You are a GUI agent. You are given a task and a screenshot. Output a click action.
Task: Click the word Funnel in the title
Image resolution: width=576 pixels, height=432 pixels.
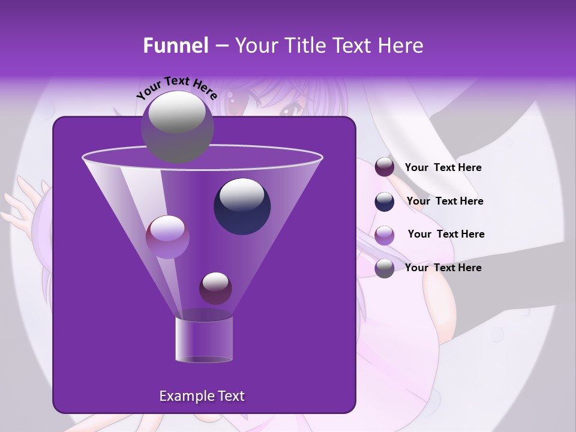point(176,46)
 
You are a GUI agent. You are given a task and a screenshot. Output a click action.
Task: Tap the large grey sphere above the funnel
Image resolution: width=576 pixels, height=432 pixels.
point(177,127)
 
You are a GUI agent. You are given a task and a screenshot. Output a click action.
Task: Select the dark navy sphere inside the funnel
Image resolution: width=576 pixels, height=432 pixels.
point(242,206)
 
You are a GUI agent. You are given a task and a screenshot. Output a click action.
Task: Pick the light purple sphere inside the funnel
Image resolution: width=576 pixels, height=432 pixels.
point(167,236)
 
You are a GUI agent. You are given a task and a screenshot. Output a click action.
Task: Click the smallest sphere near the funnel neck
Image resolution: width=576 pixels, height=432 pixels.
point(215,288)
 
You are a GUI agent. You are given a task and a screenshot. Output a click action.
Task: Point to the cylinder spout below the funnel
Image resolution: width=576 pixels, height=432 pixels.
point(203,340)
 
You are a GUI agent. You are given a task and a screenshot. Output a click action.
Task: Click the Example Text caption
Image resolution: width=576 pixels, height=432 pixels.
point(202,396)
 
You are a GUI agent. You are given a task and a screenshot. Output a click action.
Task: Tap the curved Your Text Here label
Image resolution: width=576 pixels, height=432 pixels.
point(176,88)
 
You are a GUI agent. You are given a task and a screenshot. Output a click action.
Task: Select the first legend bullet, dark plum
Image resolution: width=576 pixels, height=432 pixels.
point(385,167)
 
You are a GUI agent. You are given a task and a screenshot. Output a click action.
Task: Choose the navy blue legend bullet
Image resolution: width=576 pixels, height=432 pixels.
point(385,202)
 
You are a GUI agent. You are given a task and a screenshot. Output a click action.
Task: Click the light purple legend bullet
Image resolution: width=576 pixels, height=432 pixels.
point(385,235)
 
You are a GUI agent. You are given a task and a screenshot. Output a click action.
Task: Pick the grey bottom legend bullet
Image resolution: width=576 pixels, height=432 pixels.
point(385,268)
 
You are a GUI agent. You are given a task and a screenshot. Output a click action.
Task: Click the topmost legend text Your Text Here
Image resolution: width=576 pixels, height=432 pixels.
point(443,168)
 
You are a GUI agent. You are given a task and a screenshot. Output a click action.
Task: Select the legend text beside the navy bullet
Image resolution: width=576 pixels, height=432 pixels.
point(445,201)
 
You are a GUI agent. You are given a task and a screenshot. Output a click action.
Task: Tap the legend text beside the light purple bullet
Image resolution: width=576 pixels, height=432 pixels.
point(446,234)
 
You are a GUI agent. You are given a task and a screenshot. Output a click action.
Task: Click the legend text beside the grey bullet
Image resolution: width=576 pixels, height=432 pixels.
point(443,268)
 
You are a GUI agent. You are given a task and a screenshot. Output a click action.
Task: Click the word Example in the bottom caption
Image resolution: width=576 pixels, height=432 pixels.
point(182,396)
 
